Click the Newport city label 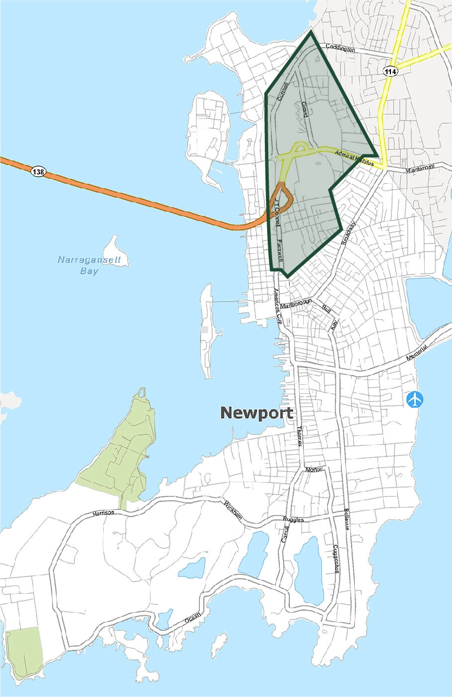[x=256, y=413]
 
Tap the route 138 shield [x=38, y=172]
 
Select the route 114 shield [x=390, y=72]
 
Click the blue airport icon [x=415, y=399]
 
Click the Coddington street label [x=340, y=49]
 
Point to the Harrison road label [x=104, y=513]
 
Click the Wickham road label [x=233, y=509]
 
